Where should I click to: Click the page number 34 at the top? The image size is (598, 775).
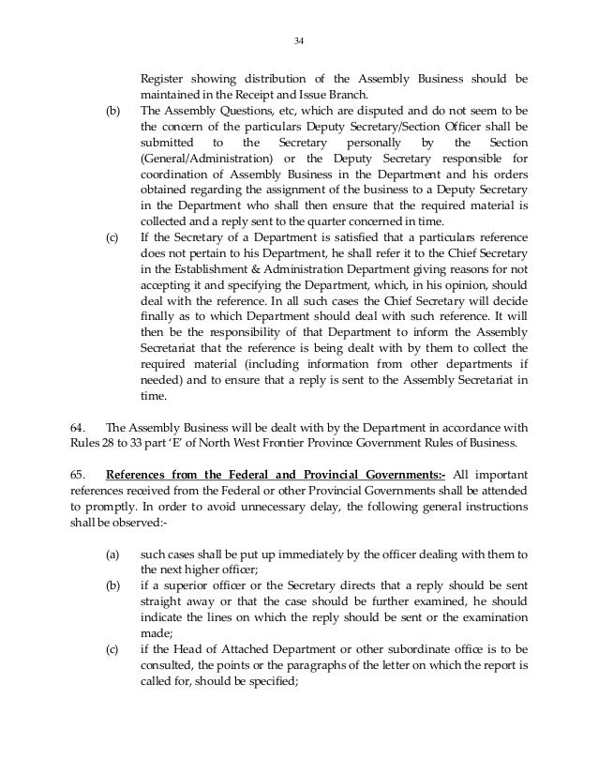(299, 40)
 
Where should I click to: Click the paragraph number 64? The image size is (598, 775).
(80, 429)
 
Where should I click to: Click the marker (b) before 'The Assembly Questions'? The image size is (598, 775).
(112, 110)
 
